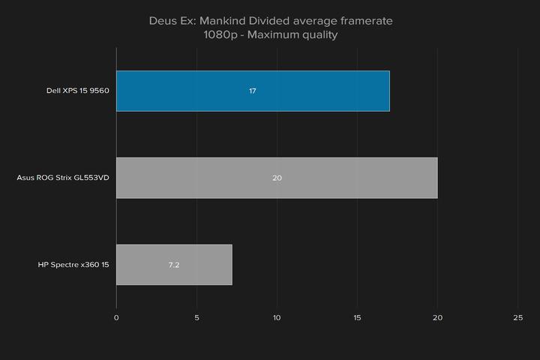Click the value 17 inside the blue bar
tap(253, 91)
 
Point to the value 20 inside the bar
tap(277, 178)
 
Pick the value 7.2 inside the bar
tap(174, 265)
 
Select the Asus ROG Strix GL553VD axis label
tap(63, 178)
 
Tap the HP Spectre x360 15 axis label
tap(73, 265)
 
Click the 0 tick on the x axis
tap(116, 318)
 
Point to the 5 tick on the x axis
tap(196, 318)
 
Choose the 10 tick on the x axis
tap(277, 318)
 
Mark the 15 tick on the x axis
tap(357, 318)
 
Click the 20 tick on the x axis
tap(437, 318)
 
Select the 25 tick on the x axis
tap(517, 318)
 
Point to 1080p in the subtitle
tap(219, 34)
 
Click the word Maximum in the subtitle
tap(276, 34)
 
